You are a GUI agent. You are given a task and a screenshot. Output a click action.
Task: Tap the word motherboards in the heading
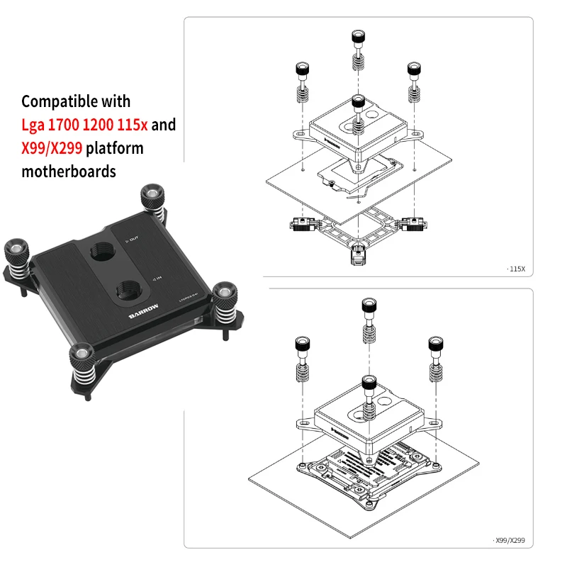tap(69, 172)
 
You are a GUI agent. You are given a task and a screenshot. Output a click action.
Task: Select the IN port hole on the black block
tap(130, 290)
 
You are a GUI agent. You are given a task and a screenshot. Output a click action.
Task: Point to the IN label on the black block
tap(159, 279)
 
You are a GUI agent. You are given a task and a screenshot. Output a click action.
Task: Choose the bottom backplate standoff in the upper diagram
tap(358, 254)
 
